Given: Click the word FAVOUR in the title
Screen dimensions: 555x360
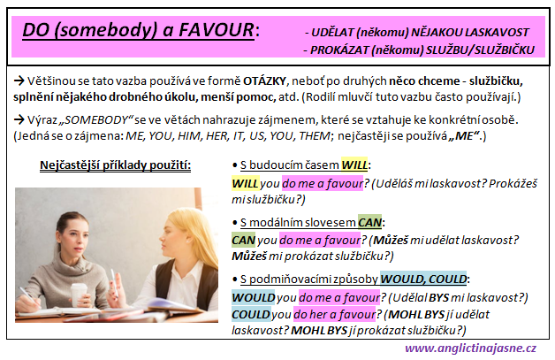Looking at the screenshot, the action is pyautogui.click(x=217, y=30).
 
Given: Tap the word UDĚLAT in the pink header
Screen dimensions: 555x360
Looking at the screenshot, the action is pyautogui.click(x=332, y=33).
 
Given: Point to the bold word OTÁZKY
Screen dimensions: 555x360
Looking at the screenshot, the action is pyautogui.click(x=264, y=81).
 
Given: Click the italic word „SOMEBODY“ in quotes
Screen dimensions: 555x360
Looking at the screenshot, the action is pyautogui.click(x=95, y=120).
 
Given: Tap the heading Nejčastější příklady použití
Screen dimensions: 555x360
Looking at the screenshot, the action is pyautogui.click(x=115, y=165).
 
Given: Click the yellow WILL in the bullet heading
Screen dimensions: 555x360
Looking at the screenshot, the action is pyautogui.click(x=354, y=165).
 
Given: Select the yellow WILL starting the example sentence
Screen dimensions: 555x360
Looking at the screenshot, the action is pyautogui.click(x=246, y=184).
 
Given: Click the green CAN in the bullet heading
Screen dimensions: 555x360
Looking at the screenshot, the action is pyautogui.click(x=369, y=223).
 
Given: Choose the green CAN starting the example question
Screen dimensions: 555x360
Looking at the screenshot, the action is pyautogui.click(x=244, y=241).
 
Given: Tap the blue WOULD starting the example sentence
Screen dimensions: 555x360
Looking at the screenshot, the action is pyautogui.click(x=254, y=297).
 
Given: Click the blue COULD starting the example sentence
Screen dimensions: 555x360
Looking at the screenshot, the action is pyautogui.click(x=251, y=315).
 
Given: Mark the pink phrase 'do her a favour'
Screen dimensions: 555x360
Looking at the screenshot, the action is pyautogui.click(x=334, y=315).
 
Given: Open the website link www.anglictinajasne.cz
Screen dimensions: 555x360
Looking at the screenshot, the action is pyautogui.click(x=470, y=349).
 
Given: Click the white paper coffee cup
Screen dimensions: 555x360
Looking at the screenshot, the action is pyautogui.click(x=79, y=295).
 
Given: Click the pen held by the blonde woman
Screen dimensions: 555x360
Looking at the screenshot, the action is pyautogui.click(x=114, y=282).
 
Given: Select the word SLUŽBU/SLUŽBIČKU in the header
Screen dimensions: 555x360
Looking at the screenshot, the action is pyautogui.click(x=480, y=50).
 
